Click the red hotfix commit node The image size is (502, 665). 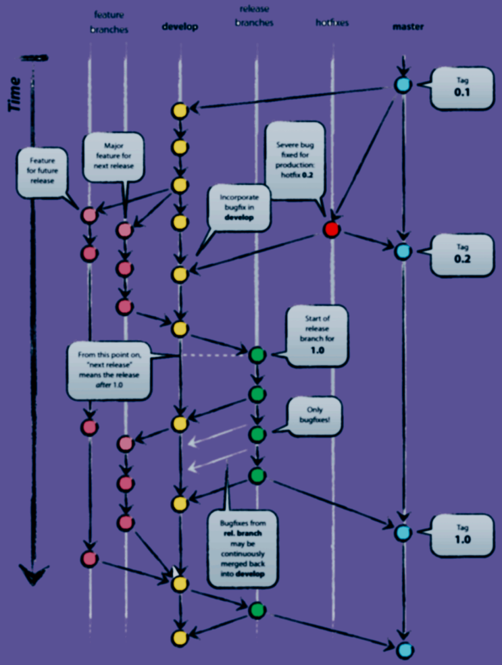coord(331,230)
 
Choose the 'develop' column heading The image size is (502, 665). coord(180,27)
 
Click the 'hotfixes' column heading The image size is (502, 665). coord(332,23)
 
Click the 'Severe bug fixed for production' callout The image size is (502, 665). coord(294,159)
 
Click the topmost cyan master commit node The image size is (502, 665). coord(403,86)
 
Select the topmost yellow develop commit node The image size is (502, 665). coord(179,111)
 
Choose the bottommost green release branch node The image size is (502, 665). coord(256,610)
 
